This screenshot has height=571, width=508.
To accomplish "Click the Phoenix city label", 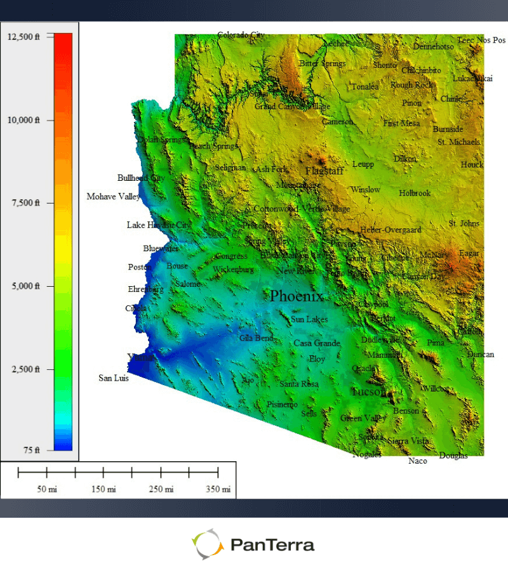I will [x=297, y=296].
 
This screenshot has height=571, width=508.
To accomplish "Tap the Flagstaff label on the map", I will [x=324, y=171].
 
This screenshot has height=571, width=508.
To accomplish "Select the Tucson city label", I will [x=368, y=392].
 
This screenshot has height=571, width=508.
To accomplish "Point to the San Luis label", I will [x=114, y=378].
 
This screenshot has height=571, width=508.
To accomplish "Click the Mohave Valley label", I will [x=114, y=197].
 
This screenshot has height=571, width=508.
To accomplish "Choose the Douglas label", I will [x=453, y=456].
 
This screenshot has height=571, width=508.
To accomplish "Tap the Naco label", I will [x=418, y=461].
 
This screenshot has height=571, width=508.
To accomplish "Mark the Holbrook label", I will [x=415, y=193].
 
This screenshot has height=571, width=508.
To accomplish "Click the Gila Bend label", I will [x=257, y=338].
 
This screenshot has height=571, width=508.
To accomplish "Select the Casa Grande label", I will [x=317, y=343].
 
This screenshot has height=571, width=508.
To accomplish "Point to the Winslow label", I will [x=365, y=190].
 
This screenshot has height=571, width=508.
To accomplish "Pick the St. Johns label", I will [x=464, y=223].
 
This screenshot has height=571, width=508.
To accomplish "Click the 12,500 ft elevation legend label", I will [x=23, y=37].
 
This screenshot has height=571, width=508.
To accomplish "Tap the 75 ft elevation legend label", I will [x=32, y=450].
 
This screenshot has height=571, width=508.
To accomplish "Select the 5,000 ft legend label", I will [x=25, y=286].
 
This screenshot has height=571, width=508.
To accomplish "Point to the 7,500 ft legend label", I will [x=25, y=203].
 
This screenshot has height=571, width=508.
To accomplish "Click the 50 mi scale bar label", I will [x=46, y=489].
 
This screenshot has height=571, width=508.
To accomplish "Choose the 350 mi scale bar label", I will [x=218, y=489].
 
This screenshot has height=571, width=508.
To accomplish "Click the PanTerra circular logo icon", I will [x=208, y=544].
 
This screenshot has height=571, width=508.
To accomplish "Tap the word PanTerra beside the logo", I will [x=273, y=544].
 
